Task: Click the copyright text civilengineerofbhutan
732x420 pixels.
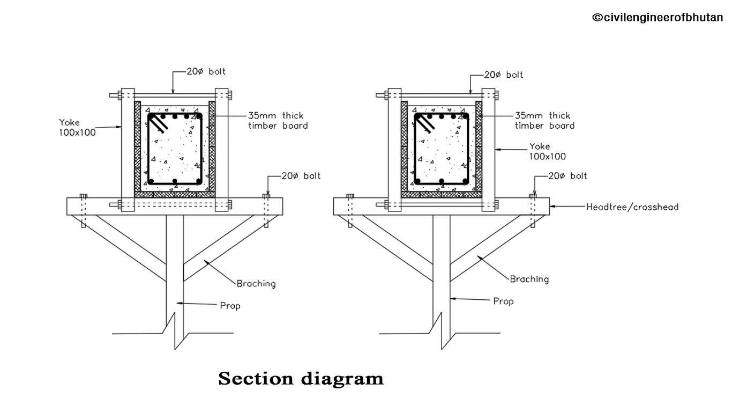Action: tap(657, 18)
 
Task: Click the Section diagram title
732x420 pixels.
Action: tap(301, 379)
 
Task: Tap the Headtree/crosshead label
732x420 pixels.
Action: tap(632, 207)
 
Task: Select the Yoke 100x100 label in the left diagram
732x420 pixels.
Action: tap(77, 128)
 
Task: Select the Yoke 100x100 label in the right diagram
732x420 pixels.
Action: tap(547, 151)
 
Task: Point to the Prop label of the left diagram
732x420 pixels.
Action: tap(230, 306)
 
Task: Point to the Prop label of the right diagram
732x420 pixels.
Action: tap(503, 301)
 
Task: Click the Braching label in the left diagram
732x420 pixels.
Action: tap(256, 284)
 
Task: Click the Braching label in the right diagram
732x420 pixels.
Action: tap(529, 279)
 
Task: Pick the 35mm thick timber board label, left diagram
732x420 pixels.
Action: tap(278, 121)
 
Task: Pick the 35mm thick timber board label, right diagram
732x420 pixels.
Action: tap(544, 121)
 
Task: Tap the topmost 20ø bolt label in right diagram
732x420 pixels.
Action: tap(503, 75)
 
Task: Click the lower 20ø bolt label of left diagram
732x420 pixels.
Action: tap(301, 176)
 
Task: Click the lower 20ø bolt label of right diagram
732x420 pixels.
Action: tap(567, 176)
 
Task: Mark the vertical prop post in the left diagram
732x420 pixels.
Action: tap(175, 268)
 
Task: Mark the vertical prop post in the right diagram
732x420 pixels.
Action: tap(442, 268)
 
